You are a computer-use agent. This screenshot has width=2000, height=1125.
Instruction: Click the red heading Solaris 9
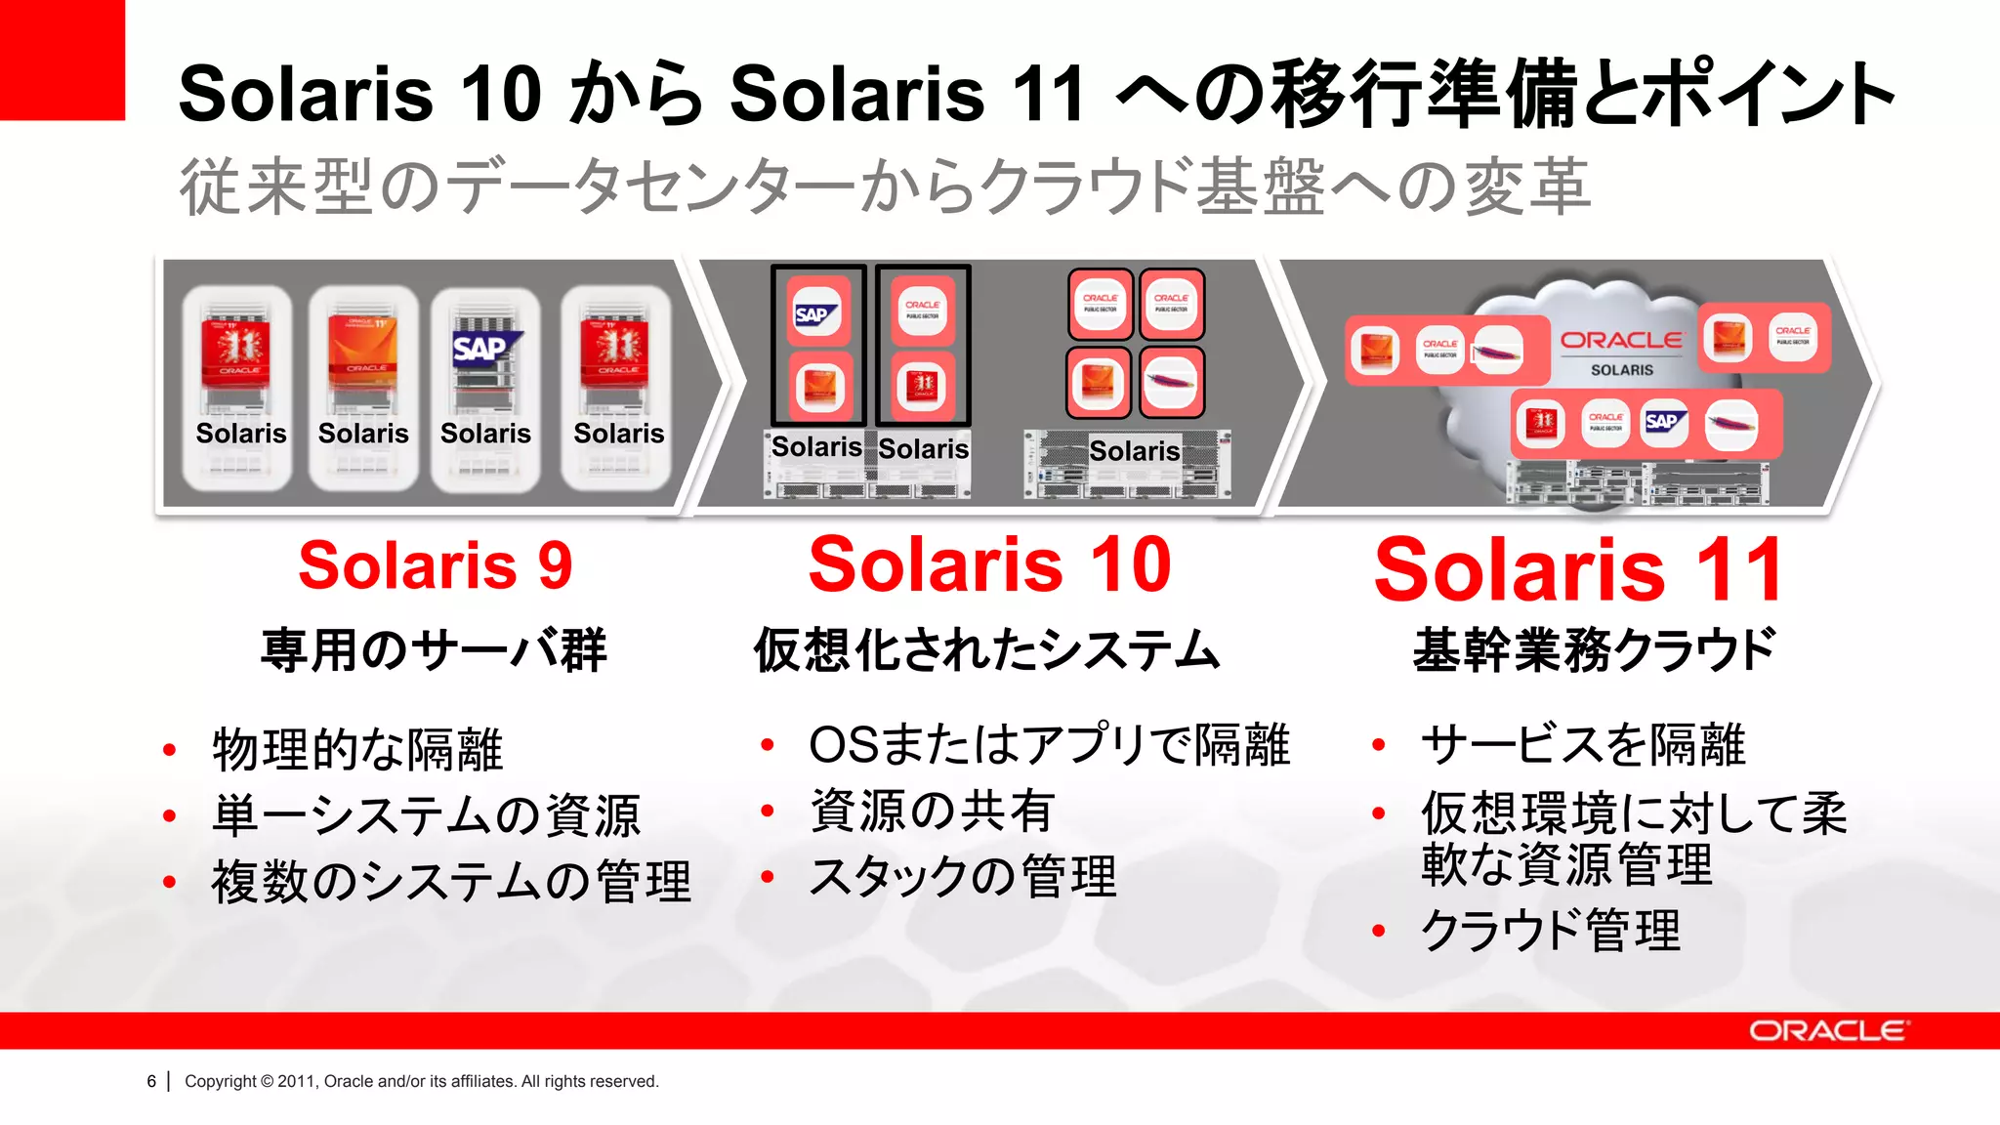coord(435,565)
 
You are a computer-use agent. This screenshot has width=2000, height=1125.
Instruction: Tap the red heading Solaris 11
coord(1578,569)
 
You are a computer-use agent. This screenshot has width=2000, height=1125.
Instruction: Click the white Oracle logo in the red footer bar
coord(1826,1031)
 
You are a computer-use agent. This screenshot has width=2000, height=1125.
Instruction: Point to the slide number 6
coord(151,1081)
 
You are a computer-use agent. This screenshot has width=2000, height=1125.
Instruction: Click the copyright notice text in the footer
coord(421,1081)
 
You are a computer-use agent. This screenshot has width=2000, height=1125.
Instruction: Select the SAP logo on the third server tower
coord(484,348)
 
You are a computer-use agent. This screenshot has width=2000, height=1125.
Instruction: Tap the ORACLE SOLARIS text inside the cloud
coord(1621,352)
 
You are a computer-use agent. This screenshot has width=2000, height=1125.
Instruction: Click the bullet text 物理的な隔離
coord(357,749)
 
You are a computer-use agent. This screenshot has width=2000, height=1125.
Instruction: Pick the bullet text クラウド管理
coord(1551,930)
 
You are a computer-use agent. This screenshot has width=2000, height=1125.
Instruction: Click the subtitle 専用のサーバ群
coord(434,650)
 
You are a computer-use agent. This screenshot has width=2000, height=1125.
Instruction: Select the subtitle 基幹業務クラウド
coord(1594,650)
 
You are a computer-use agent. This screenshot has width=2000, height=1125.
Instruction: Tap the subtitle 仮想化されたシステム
coord(986,650)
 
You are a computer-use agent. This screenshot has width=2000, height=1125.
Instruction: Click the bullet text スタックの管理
coord(963,876)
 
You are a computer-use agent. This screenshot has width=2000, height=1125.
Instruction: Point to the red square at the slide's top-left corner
coord(62,59)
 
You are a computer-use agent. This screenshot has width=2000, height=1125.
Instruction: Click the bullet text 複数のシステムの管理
coord(451,881)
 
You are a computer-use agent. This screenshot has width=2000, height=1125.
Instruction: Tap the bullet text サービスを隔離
coord(1583,745)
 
